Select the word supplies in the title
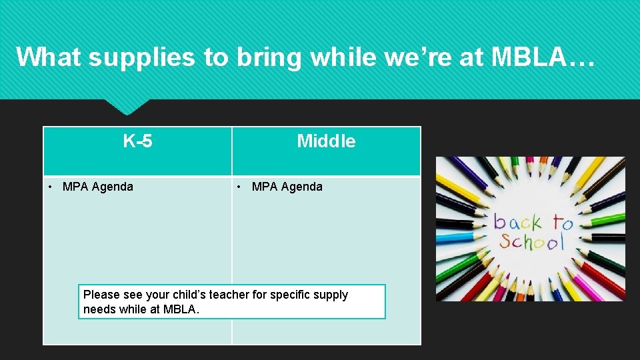coord(143,57)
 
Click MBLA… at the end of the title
coord(542,57)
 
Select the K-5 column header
coord(137,141)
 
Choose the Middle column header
coord(326,141)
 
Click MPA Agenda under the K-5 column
coord(97,187)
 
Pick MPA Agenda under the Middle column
coord(287,187)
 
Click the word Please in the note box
coord(102,295)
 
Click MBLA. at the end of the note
coord(181,309)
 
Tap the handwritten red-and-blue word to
coord(561,222)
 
